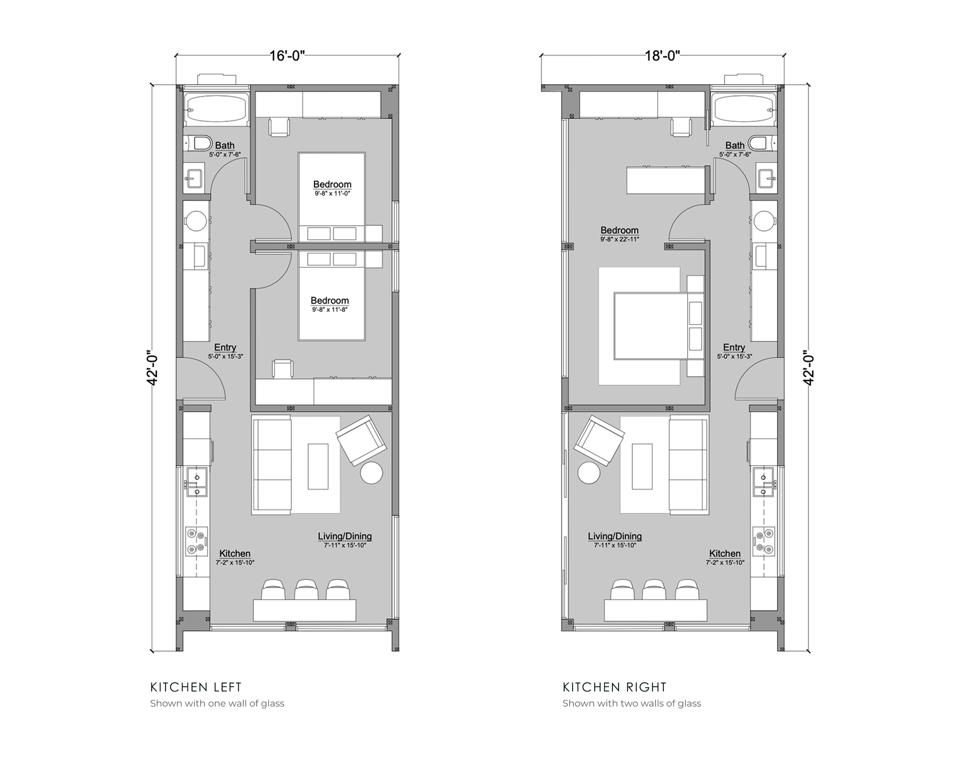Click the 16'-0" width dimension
[286, 56]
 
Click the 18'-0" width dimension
[662, 56]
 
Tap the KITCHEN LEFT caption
[196, 687]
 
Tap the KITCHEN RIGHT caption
[615, 687]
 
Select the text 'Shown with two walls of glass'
[632, 703]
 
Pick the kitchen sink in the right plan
[763, 482]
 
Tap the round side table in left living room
[372, 473]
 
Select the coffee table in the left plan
[318, 466]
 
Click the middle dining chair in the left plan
[306, 590]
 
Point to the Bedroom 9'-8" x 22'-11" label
[620, 234]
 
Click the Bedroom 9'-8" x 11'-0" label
[332, 188]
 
